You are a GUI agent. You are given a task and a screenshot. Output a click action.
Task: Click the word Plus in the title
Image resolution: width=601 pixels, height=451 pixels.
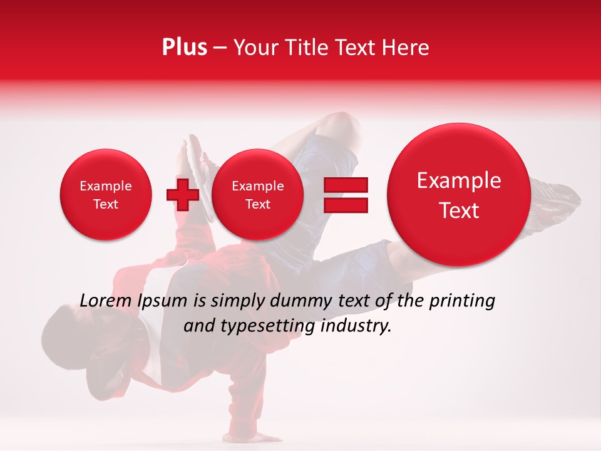tap(184, 48)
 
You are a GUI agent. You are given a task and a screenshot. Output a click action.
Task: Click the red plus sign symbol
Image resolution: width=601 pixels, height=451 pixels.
tap(182, 195)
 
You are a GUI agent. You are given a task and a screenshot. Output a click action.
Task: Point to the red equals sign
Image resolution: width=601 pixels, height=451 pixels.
tap(346, 195)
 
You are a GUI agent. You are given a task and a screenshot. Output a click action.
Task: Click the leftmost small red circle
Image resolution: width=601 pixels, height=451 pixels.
tap(105, 195)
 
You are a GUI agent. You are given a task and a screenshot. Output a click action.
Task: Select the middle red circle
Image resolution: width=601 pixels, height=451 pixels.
tap(257, 195)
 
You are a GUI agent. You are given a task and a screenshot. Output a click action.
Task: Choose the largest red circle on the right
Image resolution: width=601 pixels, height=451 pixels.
tap(459, 195)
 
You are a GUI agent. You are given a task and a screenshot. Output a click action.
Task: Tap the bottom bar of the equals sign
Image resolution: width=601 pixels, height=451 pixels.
tap(346, 205)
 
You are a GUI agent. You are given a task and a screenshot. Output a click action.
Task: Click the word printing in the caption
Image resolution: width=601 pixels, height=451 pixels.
tap(461, 301)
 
